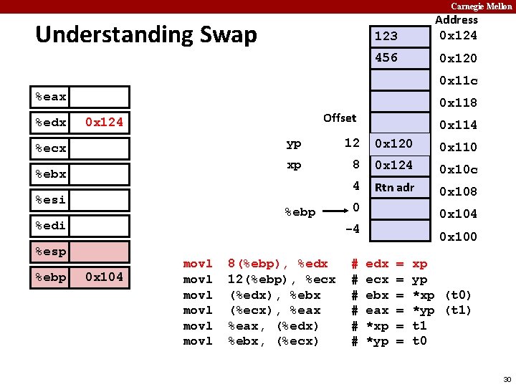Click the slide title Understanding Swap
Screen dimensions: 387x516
[x=145, y=34]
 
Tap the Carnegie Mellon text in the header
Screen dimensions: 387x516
[x=481, y=6]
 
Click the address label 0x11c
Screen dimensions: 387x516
[x=458, y=80]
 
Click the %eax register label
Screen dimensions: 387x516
[x=51, y=97]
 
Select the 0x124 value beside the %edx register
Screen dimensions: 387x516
[x=104, y=123]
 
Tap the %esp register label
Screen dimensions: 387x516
[x=51, y=252]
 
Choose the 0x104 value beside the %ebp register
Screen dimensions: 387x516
[x=104, y=277]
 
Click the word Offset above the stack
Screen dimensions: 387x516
[x=340, y=118]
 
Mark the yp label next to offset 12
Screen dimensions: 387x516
[x=294, y=144]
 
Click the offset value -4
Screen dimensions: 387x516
[x=352, y=230]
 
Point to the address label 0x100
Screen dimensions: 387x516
[x=458, y=236]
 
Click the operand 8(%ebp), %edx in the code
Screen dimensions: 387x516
[x=277, y=264]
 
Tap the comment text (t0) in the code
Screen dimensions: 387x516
[x=458, y=295]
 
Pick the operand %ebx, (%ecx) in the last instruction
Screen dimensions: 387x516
[x=273, y=340]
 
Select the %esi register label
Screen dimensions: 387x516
[x=51, y=200]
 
